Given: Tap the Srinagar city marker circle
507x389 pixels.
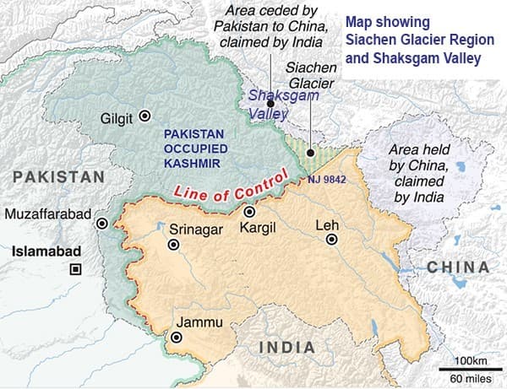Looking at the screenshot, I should click(174, 245).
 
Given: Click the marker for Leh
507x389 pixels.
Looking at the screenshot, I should click(331, 240).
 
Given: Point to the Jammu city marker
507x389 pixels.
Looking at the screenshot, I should click(176, 338).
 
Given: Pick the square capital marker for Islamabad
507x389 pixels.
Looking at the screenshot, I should click(76, 269).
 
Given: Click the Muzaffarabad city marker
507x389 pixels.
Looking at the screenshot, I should click(102, 224).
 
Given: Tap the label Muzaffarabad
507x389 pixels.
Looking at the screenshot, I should click(47, 214).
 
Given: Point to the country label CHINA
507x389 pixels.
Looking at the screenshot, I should click(457, 267).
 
